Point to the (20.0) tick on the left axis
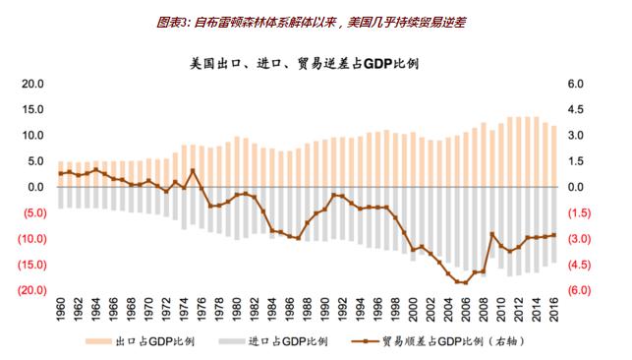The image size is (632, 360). [x=31, y=290]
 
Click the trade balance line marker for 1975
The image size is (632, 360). [x=193, y=171]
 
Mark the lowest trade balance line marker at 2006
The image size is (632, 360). [x=466, y=282]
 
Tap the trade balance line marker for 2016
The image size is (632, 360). [x=554, y=235]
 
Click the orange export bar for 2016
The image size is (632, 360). [x=554, y=156]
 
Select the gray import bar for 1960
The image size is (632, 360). [x=61, y=198]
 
